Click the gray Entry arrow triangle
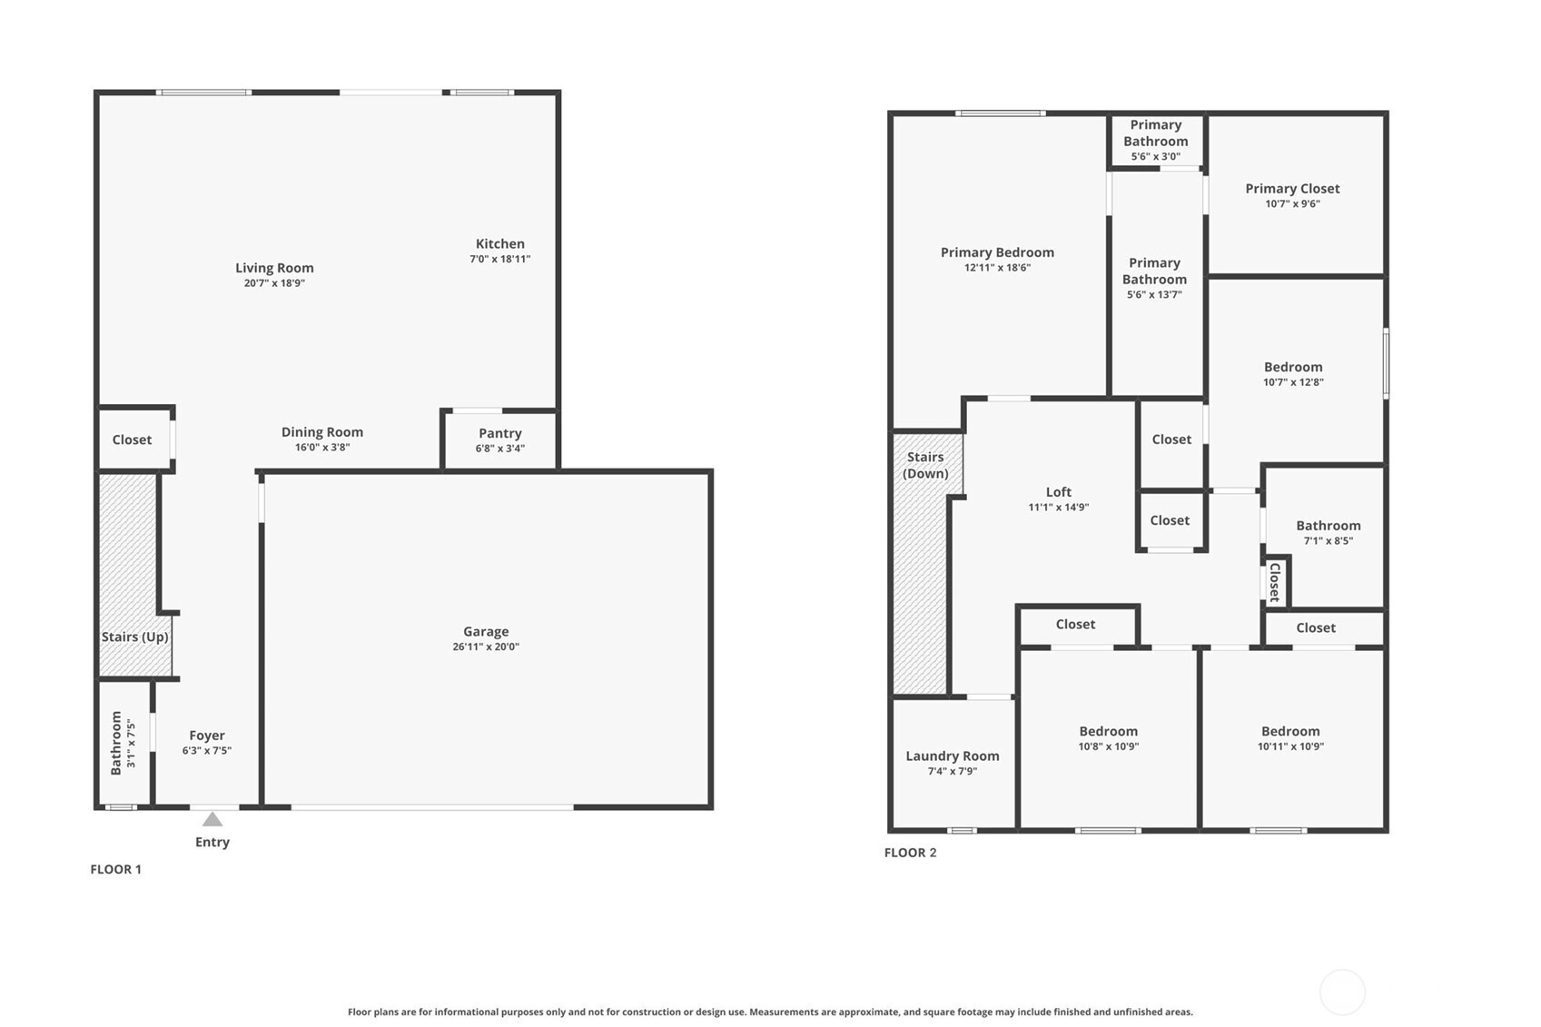click(x=212, y=819)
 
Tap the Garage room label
click(x=486, y=631)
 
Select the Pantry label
click(x=500, y=433)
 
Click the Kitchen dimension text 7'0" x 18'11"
click(x=500, y=260)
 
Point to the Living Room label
click(x=274, y=268)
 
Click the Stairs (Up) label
click(x=134, y=637)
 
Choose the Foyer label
click(x=207, y=736)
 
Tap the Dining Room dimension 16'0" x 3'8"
click(x=322, y=447)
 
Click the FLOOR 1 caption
click(x=115, y=870)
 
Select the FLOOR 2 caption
click(x=910, y=853)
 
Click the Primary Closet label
click(x=1293, y=189)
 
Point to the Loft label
click(x=1059, y=492)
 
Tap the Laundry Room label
click(x=953, y=756)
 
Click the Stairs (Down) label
click(x=925, y=465)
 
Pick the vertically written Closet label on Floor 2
click(x=1275, y=582)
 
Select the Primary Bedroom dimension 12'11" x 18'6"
click(x=998, y=268)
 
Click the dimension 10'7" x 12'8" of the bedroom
click(x=1293, y=382)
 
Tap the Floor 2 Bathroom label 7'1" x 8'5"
click(x=1329, y=540)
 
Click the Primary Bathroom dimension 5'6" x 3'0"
click(x=1156, y=157)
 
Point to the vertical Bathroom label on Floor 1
click(x=116, y=744)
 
